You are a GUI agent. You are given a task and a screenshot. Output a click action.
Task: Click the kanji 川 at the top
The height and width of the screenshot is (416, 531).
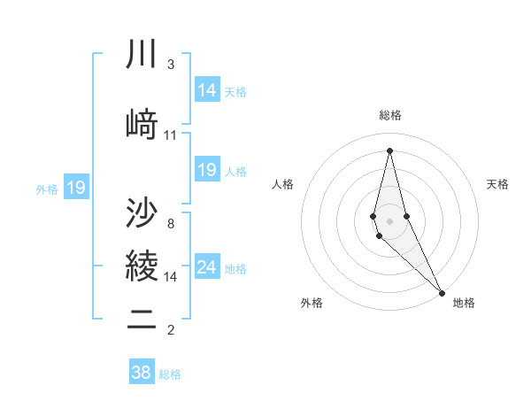[x=142, y=55]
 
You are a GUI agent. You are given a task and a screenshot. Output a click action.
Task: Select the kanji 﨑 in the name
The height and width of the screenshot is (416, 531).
[x=142, y=124]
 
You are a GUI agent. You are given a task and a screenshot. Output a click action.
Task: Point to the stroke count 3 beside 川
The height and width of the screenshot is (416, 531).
[x=171, y=65]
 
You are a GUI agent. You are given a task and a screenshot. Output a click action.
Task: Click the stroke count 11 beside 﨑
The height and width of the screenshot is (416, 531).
[x=171, y=135]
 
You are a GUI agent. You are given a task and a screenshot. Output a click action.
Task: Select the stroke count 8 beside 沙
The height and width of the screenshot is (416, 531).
[x=171, y=224]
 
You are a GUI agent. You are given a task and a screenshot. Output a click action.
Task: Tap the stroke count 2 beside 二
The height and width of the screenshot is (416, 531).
[x=171, y=330]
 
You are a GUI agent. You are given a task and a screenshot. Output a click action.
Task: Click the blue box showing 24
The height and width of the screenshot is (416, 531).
[x=206, y=267]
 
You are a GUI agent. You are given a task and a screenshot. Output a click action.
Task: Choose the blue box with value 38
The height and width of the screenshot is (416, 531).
[x=142, y=373]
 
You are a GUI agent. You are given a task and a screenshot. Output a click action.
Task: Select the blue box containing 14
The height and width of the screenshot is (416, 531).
[x=206, y=89]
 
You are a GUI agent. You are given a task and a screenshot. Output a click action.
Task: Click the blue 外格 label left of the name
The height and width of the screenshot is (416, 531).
[x=47, y=189]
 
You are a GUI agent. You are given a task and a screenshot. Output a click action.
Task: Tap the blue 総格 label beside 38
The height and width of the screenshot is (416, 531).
[x=170, y=374]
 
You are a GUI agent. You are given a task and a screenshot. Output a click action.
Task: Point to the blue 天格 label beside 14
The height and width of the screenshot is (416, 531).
[x=235, y=91]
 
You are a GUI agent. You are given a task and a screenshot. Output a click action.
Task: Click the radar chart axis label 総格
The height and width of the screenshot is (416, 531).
[x=390, y=115]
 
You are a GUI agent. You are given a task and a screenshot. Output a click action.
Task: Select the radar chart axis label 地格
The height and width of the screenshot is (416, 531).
[x=464, y=303]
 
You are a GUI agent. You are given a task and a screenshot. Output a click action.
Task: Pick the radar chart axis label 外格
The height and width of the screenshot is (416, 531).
[x=312, y=303]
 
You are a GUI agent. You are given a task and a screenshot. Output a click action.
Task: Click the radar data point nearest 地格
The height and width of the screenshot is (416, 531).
[x=442, y=291]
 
